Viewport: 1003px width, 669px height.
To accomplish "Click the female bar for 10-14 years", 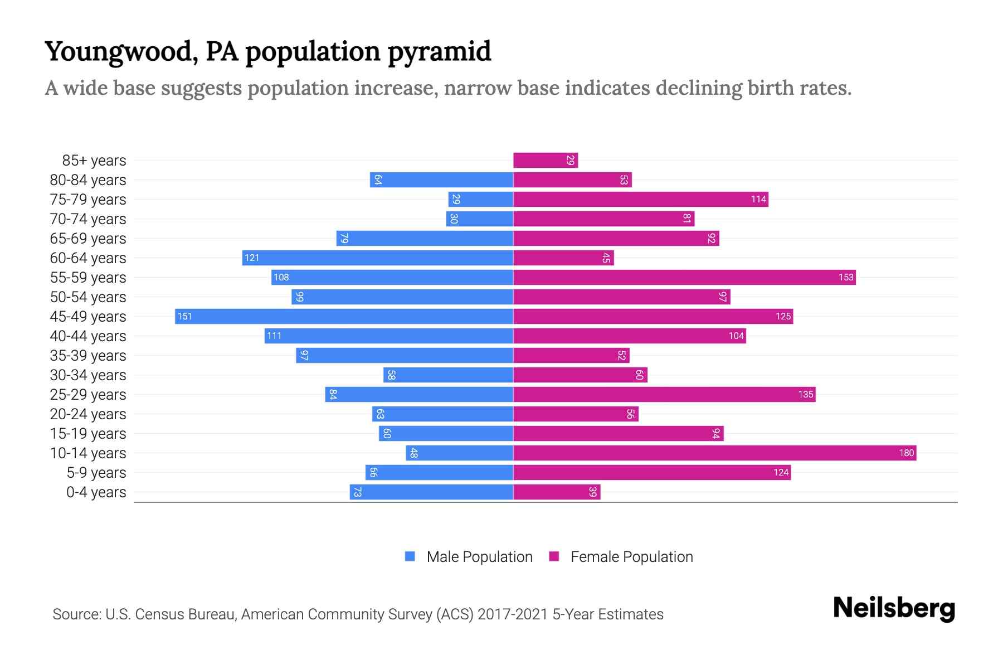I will coord(714,453).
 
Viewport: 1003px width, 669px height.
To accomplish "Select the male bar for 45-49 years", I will coord(344,316).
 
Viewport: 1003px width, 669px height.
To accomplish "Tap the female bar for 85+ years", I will coord(545,160).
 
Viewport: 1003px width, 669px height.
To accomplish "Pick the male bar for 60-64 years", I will coord(377,258).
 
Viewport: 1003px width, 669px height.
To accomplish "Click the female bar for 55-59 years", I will coord(684,277).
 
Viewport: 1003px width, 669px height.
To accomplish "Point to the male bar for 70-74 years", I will coord(479,219).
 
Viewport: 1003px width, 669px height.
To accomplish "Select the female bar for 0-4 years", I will coord(556,492).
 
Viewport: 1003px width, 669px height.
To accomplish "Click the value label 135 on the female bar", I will coord(806,394).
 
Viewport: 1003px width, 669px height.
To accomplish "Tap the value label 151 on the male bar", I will coord(184,316).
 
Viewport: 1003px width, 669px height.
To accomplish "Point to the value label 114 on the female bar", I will coord(758,199).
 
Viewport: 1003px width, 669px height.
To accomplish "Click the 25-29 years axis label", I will coord(88,394).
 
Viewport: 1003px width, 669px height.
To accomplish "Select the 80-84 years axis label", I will coord(88,180).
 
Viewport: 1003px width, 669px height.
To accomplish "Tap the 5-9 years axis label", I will coord(96,472).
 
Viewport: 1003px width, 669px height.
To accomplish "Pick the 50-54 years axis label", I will coord(88,297).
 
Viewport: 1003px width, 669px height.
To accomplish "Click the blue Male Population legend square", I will coord(410,556).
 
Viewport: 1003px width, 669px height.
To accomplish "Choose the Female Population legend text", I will coord(631,556).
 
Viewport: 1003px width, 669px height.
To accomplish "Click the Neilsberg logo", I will coord(894,608).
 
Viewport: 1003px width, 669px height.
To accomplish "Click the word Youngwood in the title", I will coord(118,51).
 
